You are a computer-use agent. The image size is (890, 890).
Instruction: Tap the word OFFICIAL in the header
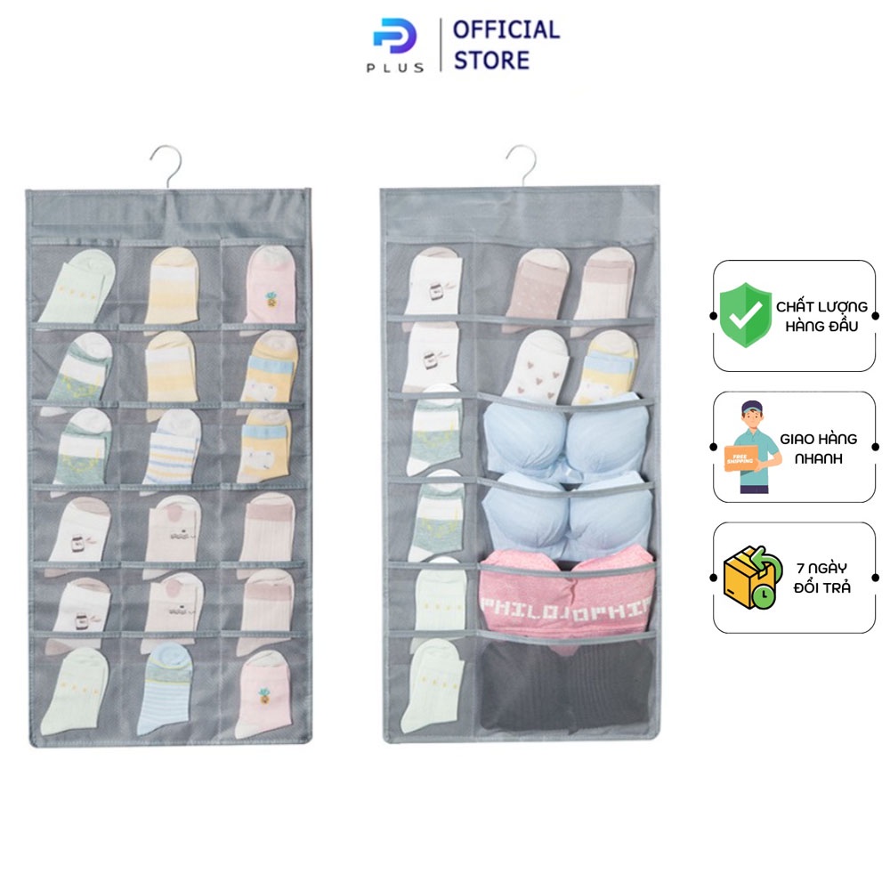(x=506, y=30)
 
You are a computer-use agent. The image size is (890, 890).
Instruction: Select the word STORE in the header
(x=491, y=61)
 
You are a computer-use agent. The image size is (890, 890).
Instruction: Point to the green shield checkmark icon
(x=746, y=314)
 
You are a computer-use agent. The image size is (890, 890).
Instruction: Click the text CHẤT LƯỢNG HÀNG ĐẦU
(x=821, y=315)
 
